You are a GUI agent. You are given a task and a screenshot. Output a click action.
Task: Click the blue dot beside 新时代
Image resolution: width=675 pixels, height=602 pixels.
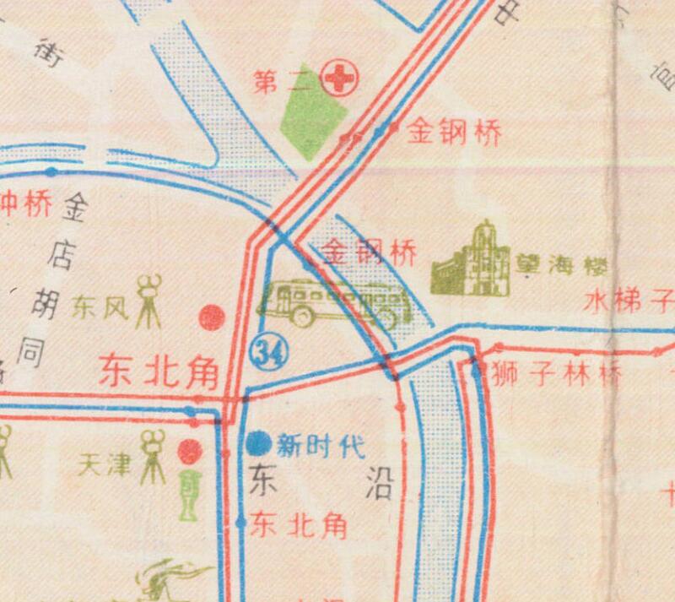pyautogui.click(x=258, y=442)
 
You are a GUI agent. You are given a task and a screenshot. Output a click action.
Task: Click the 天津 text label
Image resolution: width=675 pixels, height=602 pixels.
pyautogui.click(x=105, y=464)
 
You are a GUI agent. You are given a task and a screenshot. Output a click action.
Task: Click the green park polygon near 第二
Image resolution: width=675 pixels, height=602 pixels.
pyautogui.click(x=311, y=122)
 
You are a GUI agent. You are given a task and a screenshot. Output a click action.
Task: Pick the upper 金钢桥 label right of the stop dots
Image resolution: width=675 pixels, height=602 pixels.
pyautogui.click(x=455, y=133)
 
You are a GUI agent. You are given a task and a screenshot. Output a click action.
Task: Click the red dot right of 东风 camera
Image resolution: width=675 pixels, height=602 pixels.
pyautogui.click(x=211, y=317)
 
